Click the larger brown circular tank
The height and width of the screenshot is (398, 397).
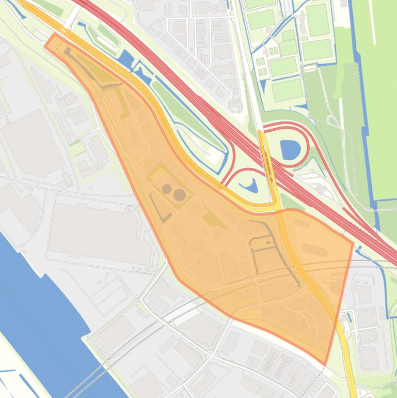[179, 195]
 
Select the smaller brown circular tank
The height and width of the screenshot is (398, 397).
[167, 189]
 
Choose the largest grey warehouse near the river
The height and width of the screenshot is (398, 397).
[98, 227]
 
